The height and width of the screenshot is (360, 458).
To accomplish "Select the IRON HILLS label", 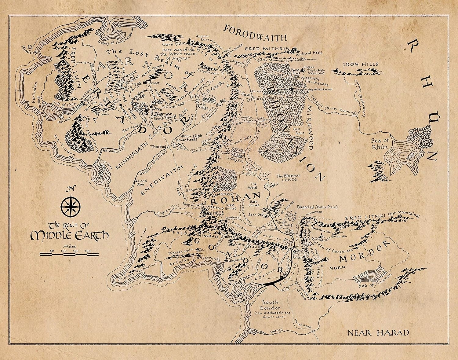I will [x=356, y=64].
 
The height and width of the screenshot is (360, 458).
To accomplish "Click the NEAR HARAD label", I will [x=378, y=333].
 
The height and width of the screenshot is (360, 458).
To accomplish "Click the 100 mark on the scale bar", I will [x=64, y=251].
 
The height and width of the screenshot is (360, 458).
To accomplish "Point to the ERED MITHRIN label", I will [x=267, y=49].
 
